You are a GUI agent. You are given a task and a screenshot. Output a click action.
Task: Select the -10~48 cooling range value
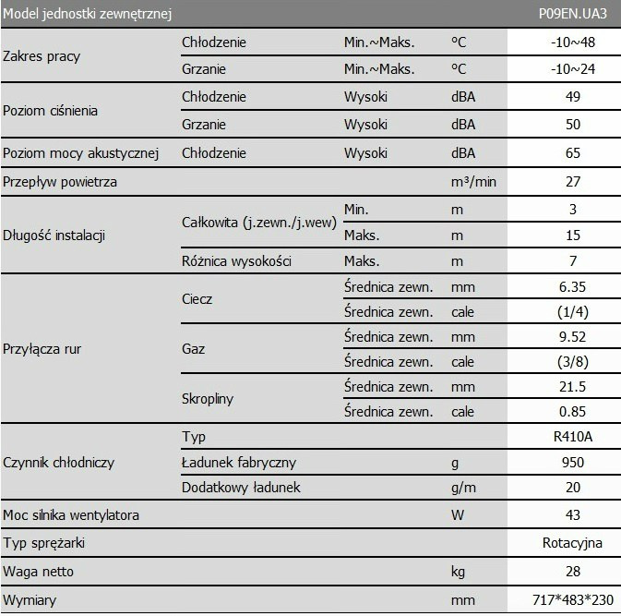(x=573, y=42)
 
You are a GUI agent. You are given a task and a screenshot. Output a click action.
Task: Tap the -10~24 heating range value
(x=573, y=69)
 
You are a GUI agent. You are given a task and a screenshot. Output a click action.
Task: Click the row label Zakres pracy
(x=42, y=56)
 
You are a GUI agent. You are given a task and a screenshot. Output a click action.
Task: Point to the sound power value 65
(x=573, y=152)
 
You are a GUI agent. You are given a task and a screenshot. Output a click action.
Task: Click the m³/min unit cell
(x=473, y=182)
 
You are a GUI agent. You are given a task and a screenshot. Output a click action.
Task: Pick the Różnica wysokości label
(x=237, y=261)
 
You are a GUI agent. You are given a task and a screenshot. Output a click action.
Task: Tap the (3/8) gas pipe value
(x=573, y=361)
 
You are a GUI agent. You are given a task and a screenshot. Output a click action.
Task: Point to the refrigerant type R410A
(x=573, y=437)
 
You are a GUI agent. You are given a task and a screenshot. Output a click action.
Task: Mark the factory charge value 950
(x=573, y=462)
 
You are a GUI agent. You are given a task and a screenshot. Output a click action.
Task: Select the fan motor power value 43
(x=573, y=514)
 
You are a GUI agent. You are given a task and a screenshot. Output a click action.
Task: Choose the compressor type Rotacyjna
(x=573, y=543)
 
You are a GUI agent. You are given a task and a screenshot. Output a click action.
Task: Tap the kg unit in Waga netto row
(x=458, y=573)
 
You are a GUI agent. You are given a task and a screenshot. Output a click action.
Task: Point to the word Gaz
(x=194, y=350)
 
